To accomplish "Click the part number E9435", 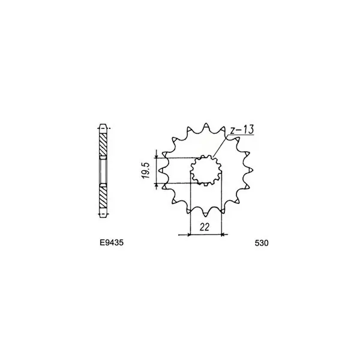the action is coord(112,242).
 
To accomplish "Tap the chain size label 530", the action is coord(261,243).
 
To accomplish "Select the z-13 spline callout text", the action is coord(242,130).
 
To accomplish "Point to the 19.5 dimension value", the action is coord(146,170).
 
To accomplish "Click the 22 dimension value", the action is coord(205,227).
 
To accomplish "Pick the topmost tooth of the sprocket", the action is coord(206,126).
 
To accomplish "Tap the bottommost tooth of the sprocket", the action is coord(206,214).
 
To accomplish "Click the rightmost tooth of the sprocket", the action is coord(250,170).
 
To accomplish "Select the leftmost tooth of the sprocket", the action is coord(162,170).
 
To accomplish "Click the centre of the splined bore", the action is coord(206,170).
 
